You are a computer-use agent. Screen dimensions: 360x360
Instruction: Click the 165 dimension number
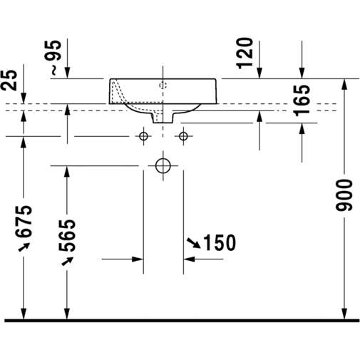(x=302, y=101)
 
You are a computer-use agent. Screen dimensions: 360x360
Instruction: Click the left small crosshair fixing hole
(x=143, y=135)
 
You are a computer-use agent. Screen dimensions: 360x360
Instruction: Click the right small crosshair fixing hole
(x=184, y=135)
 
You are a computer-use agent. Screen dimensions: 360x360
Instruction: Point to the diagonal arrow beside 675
(x=24, y=247)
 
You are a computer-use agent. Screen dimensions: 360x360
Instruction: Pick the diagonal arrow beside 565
(x=68, y=260)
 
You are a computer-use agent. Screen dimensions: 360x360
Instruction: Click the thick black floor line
(x=180, y=321)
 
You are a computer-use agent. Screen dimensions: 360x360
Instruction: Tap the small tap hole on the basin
(x=163, y=86)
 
